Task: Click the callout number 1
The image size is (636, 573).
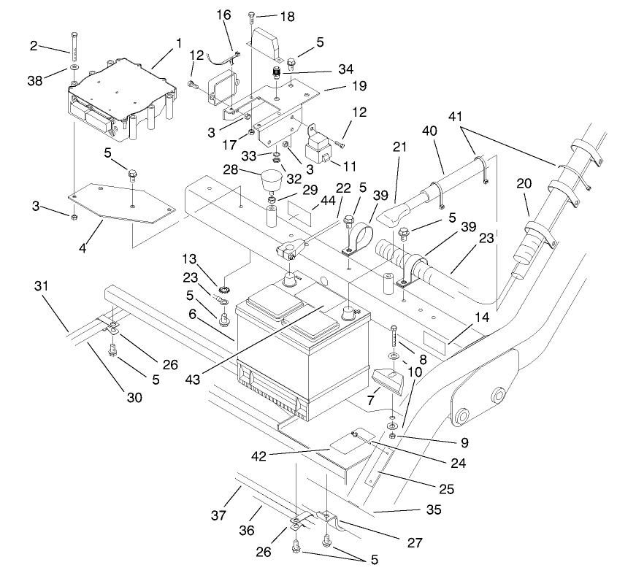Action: [178, 44]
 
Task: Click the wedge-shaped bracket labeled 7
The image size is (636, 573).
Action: [387, 380]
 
